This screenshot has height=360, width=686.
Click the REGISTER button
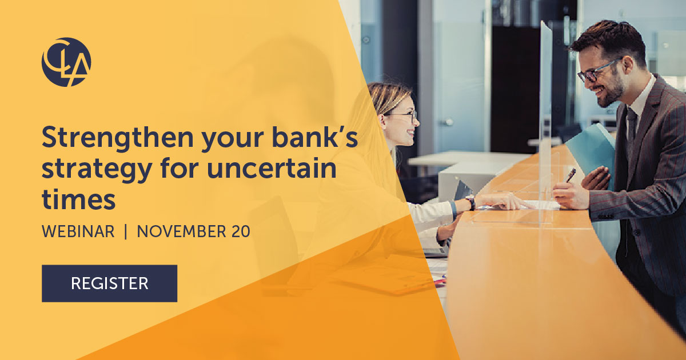click(x=109, y=283)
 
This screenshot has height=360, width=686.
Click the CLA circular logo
click(x=66, y=62)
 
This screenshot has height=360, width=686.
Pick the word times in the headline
click(x=78, y=200)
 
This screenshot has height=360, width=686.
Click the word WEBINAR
click(x=78, y=232)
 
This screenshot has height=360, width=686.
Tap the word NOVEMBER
click(x=181, y=232)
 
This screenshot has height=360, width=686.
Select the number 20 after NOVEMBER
click(x=240, y=232)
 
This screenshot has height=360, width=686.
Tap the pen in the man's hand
click(x=571, y=175)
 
